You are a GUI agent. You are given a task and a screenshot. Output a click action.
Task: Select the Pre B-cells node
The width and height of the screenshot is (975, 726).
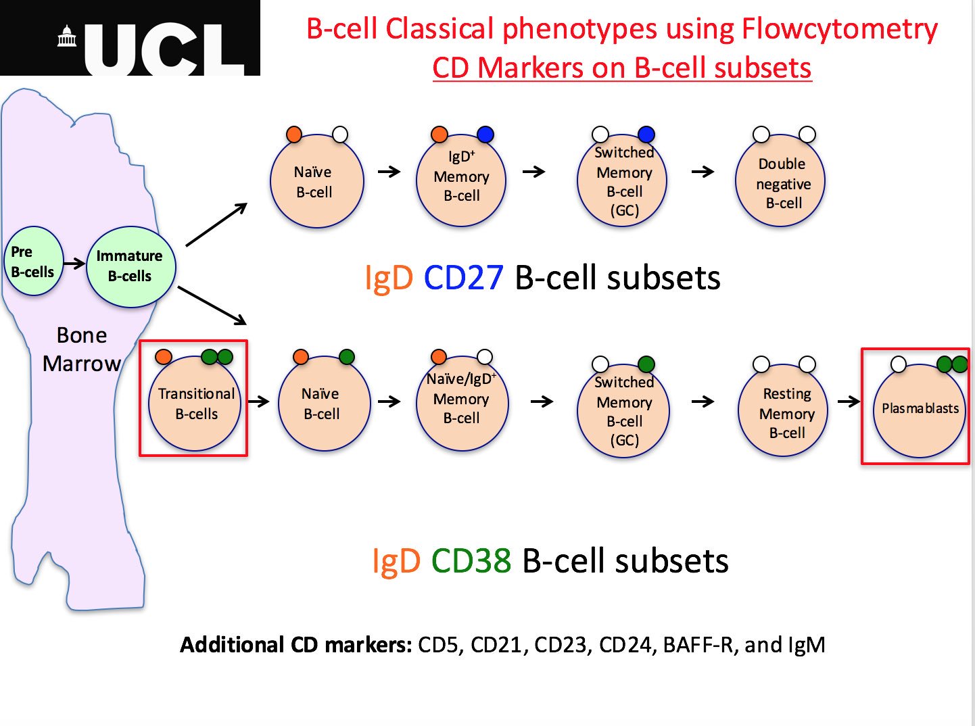pos(32,262)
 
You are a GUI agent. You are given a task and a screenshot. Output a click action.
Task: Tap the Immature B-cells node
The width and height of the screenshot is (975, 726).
pos(130,266)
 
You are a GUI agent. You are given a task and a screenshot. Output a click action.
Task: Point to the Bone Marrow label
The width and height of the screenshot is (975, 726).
pos(81,349)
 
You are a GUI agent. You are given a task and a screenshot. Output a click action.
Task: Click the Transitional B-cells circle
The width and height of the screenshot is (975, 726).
pos(195,404)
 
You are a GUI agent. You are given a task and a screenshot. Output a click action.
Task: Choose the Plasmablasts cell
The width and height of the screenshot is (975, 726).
pos(919,410)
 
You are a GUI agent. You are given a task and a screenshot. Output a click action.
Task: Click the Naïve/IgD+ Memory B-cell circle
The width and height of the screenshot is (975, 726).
pos(461,404)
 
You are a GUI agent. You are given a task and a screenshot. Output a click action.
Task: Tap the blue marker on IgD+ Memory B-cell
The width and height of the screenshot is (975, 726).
pos(485,135)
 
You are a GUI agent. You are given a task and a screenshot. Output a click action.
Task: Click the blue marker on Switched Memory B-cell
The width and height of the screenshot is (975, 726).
pos(646,134)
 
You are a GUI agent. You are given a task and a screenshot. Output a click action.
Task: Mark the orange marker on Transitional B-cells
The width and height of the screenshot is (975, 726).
pos(163,356)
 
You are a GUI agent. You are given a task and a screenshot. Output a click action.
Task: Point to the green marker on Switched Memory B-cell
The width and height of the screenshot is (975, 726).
pos(646,364)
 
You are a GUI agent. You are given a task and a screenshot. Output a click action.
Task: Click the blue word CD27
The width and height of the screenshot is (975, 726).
pos(464,278)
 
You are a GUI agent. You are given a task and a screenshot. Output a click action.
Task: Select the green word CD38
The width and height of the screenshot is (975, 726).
pos(471,561)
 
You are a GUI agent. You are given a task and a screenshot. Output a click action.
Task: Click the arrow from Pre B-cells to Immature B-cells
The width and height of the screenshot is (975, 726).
pos(74,263)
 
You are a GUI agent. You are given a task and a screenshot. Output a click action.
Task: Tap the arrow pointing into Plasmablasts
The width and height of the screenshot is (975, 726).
pos(849,402)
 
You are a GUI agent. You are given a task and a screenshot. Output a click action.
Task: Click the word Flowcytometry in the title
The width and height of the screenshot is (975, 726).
pos(839,29)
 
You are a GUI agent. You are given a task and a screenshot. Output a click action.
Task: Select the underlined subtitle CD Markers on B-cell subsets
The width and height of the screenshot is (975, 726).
pos(621,68)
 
